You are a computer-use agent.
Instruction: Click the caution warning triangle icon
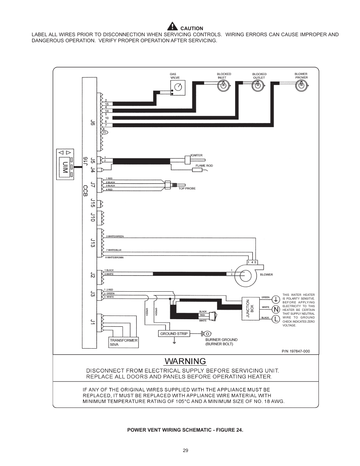click(172, 26)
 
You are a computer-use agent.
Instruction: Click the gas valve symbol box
click(178, 88)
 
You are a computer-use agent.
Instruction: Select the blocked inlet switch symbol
click(223, 86)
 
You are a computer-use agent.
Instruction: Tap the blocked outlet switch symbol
click(258, 86)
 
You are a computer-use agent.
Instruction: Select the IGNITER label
click(196, 155)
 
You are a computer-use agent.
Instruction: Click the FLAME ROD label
click(204, 166)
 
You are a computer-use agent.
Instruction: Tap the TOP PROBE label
click(187, 188)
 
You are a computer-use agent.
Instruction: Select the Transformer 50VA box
click(123, 342)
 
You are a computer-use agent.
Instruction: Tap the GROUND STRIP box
click(174, 334)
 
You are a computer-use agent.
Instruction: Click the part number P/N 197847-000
click(295, 351)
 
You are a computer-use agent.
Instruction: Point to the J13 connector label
click(92, 243)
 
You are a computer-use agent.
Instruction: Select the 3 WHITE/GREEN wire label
click(115, 237)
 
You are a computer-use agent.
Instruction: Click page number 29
click(185, 451)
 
